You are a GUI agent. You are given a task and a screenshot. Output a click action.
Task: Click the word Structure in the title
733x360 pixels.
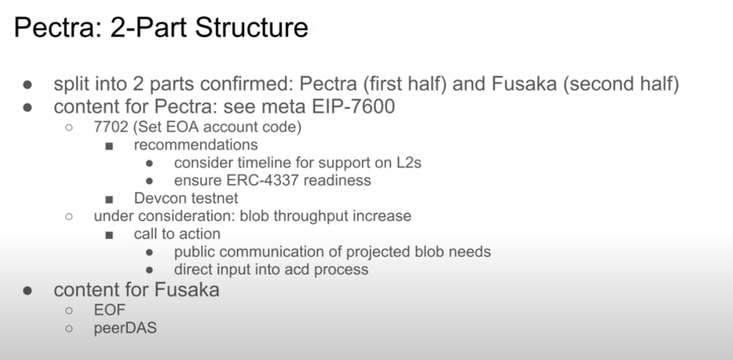coord(252,27)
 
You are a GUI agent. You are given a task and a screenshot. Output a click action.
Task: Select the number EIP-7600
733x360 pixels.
coord(354,107)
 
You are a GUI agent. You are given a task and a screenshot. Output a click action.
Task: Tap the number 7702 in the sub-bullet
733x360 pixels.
coord(111,127)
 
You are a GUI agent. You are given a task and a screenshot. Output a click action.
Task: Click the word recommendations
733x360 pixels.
coord(195,145)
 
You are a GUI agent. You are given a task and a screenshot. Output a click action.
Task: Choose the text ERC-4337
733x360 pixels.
coord(262,180)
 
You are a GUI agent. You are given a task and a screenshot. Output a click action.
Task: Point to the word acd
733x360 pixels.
coord(297,270)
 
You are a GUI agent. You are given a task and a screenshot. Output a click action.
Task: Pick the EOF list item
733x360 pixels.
coord(110,310)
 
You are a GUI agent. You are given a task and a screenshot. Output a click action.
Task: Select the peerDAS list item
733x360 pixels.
coord(125,328)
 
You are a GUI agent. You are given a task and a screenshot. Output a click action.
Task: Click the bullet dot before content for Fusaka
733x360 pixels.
coord(28,291)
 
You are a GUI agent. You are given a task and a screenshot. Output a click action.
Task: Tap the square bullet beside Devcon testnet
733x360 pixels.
coord(109,199)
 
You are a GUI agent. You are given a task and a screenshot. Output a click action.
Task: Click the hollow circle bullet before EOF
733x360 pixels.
coord(69,311)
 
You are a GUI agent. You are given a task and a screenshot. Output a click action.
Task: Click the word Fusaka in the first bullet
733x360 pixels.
coord(524,84)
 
